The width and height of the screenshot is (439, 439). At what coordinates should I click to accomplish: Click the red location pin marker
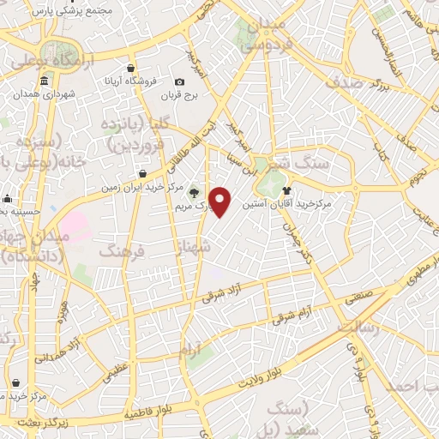click(221, 201)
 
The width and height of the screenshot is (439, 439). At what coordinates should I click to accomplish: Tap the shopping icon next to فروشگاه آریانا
click(130, 68)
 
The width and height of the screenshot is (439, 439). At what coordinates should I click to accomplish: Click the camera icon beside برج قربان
click(179, 81)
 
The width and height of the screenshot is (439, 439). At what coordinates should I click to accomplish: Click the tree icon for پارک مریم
click(194, 191)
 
